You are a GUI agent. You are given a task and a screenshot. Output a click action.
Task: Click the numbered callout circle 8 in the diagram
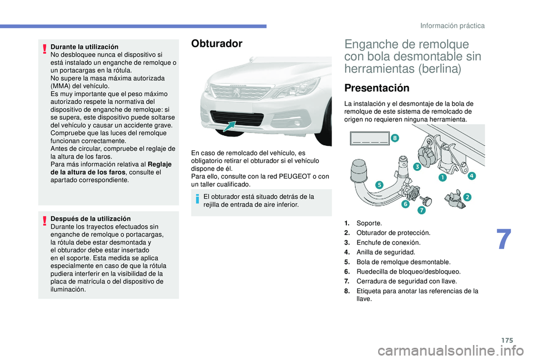(394, 137)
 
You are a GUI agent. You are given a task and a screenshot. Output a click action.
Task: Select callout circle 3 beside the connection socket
(416, 166)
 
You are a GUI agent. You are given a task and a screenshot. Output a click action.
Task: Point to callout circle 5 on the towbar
(379, 184)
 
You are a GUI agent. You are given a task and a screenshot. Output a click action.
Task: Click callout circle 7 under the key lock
(422, 211)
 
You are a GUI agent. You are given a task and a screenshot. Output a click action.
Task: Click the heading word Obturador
(217, 44)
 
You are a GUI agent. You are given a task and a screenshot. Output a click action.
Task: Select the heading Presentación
(376, 88)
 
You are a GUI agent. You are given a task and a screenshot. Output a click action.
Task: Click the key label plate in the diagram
(369, 138)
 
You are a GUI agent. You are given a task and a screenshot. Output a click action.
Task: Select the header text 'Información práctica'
(452, 26)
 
